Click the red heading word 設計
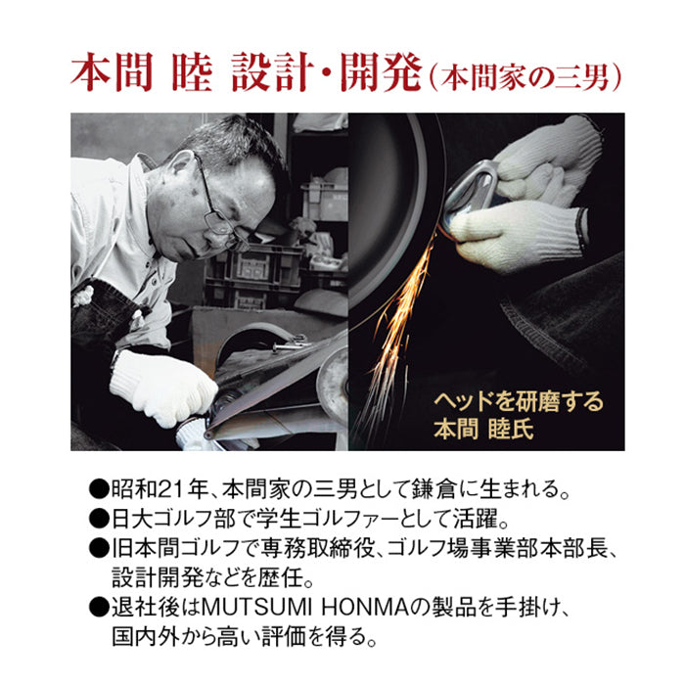[x=273, y=72]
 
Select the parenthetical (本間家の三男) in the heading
[x=525, y=77]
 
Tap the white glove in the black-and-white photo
[x=162, y=387]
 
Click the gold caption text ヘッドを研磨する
[x=519, y=401]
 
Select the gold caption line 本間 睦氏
[x=483, y=429]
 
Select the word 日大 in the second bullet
[x=133, y=520]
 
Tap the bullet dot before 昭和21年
[x=99, y=490]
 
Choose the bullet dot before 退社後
[x=99, y=609]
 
